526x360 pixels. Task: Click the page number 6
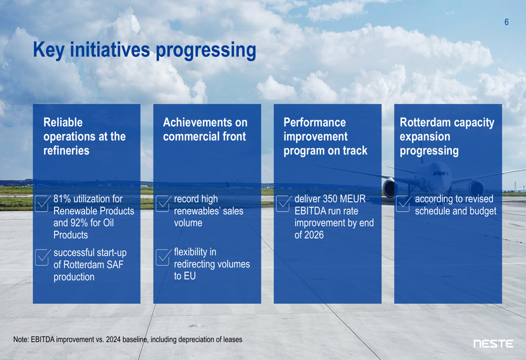coord(507,22)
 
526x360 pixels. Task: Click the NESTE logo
coord(493,344)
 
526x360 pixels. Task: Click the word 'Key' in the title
coord(49,50)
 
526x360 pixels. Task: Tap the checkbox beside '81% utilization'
coord(42,203)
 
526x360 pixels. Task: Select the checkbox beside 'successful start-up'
coord(43,257)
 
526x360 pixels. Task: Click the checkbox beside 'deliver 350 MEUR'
coord(284,203)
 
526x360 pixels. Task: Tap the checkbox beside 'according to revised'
coord(403,203)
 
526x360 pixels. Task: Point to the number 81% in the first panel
coord(62,199)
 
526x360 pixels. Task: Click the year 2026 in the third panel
coord(314,235)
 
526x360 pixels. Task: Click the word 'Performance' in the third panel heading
coord(315,122)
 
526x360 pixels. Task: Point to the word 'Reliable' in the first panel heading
coord(63,122)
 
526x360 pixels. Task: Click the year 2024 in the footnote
coord(114,340)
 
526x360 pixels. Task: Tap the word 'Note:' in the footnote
coord(21,340)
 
